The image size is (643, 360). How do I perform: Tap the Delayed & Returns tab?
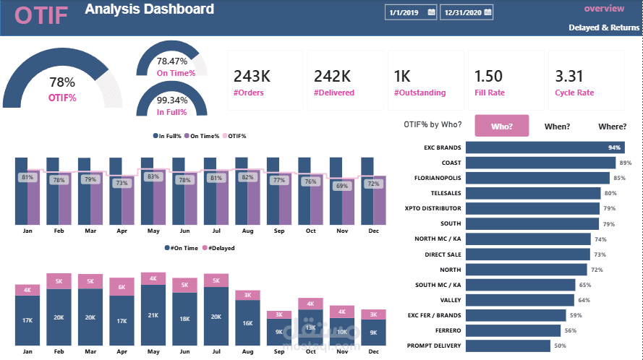(x=604, y=27)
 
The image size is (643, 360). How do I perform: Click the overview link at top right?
(x=604, y=9)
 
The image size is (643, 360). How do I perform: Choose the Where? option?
(x=612, y=127)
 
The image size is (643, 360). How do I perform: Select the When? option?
(x=557, y=127)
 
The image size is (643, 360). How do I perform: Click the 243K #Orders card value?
(x=252, y=76)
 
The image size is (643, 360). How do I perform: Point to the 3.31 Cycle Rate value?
(x=569, y=76)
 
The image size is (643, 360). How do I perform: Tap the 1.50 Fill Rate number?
(x=488, y=76)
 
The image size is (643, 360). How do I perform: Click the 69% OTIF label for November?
(x=341, y=187)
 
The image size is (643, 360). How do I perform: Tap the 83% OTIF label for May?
(x=153, y=176)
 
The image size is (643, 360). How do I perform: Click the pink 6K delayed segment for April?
(x=122, y=287)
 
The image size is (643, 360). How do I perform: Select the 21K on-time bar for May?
(x=153, y=314)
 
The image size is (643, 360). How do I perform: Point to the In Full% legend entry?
(x=170, y=136)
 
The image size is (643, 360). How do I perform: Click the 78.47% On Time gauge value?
(x=172, y=61)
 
